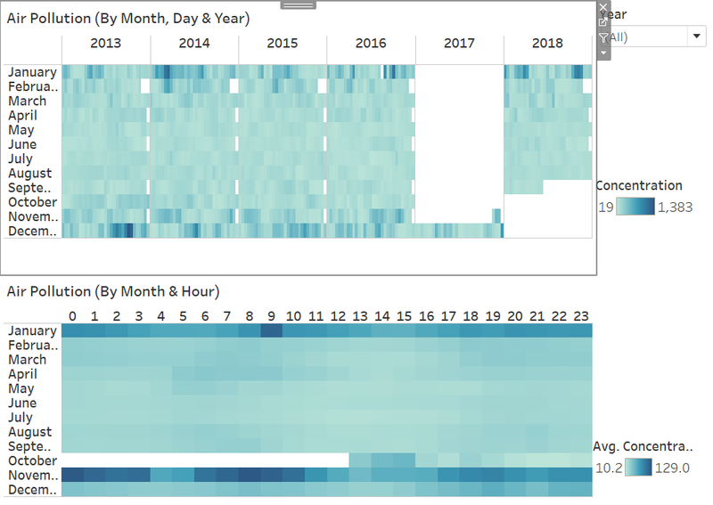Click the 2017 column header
click(459, 43)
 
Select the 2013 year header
click(105, 43)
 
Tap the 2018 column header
click(547, 43)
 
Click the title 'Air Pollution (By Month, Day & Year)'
click(128, 19)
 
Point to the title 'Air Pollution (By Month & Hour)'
click(113, 291)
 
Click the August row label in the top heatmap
click(30, 174)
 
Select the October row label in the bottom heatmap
click(33, 460)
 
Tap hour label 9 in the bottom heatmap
click(272, 316)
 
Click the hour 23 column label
click(581, 316)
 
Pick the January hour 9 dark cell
click(272, 330)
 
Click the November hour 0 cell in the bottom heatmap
click(72, 475)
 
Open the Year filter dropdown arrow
click(697, 36)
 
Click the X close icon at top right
click(603, 7)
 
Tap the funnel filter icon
click(603, 37)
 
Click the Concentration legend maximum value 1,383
click(676, 208)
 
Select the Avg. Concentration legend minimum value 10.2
click(609, 468)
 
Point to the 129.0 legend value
click(672, 468)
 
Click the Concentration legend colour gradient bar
click(635, 207)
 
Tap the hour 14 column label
click(382, 316)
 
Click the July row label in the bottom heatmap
click(20, 418)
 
